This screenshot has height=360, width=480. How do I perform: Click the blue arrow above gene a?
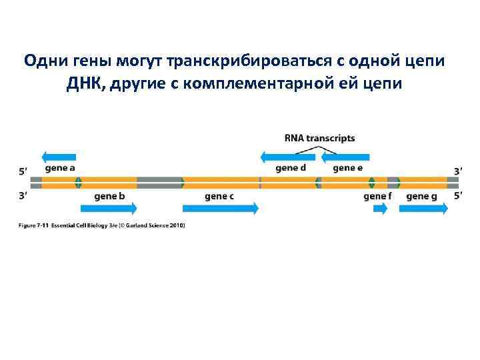(x=58, y=157)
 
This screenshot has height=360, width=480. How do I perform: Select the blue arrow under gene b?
(x=107, y=208)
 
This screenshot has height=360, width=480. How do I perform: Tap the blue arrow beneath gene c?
(x=220, y=208)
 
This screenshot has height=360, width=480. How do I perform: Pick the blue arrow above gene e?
(x=345, y=157)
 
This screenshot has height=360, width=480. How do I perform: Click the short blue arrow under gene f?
(x=380, y=209)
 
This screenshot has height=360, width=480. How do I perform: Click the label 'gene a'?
(x=60, y=168)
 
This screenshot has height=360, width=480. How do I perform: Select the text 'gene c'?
(x=219, y=197)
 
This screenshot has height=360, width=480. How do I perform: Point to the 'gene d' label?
(x=291, y=168)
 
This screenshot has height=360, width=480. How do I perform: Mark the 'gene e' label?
(x=348, y=168)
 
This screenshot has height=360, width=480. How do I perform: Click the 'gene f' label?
(x=378, y=197)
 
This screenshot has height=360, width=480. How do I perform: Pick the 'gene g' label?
(x=421, y=197)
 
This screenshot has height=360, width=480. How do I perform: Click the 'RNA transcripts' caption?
(x=319, y=139)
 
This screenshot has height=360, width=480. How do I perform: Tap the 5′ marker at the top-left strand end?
(x=23, y=171)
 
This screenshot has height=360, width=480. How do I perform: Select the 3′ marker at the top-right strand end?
(x=457, y=171)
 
